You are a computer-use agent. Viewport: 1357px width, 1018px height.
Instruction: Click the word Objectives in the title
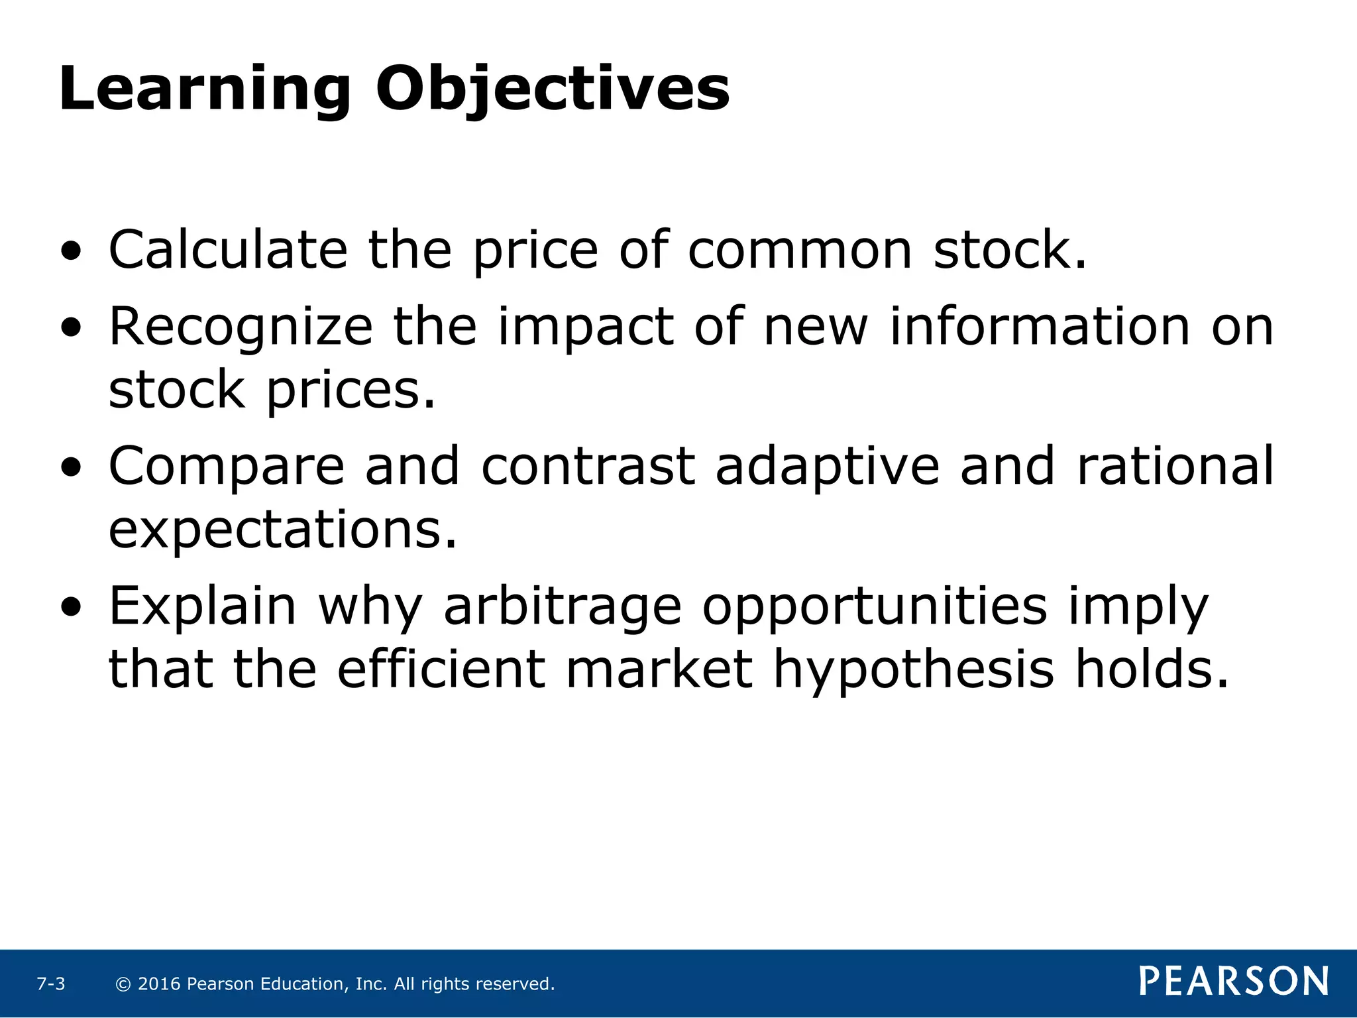click(553, 90)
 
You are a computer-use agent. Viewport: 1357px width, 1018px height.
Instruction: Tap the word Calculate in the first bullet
click(227, 250)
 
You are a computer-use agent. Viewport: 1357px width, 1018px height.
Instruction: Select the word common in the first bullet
click(799, 251)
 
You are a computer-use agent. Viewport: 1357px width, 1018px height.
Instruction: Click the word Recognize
click(241, 327)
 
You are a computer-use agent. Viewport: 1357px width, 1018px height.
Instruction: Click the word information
click(1039, 326)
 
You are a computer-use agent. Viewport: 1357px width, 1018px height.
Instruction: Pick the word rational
click(1175, 465)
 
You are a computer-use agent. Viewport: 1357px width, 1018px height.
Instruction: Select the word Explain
click(202, 606)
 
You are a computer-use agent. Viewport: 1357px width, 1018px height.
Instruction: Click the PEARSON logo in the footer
click(1233, 982)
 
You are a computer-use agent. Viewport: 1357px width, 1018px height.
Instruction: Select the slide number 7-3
click(51, 984)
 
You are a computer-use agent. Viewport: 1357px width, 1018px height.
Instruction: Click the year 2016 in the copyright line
click(159, 984)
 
